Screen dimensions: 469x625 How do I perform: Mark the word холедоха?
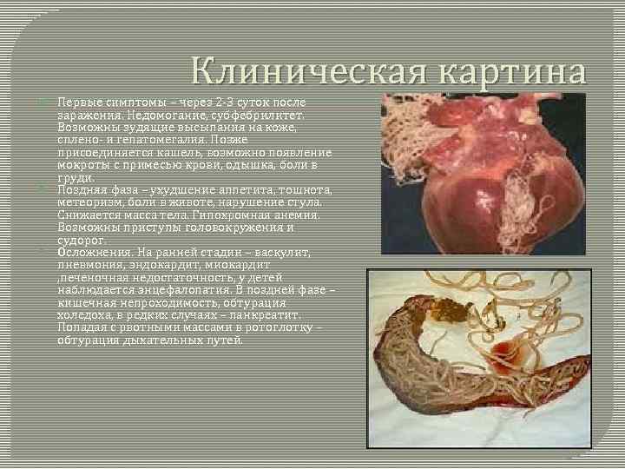click(85, 314)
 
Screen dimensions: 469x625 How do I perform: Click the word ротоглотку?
click(268, 327)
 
